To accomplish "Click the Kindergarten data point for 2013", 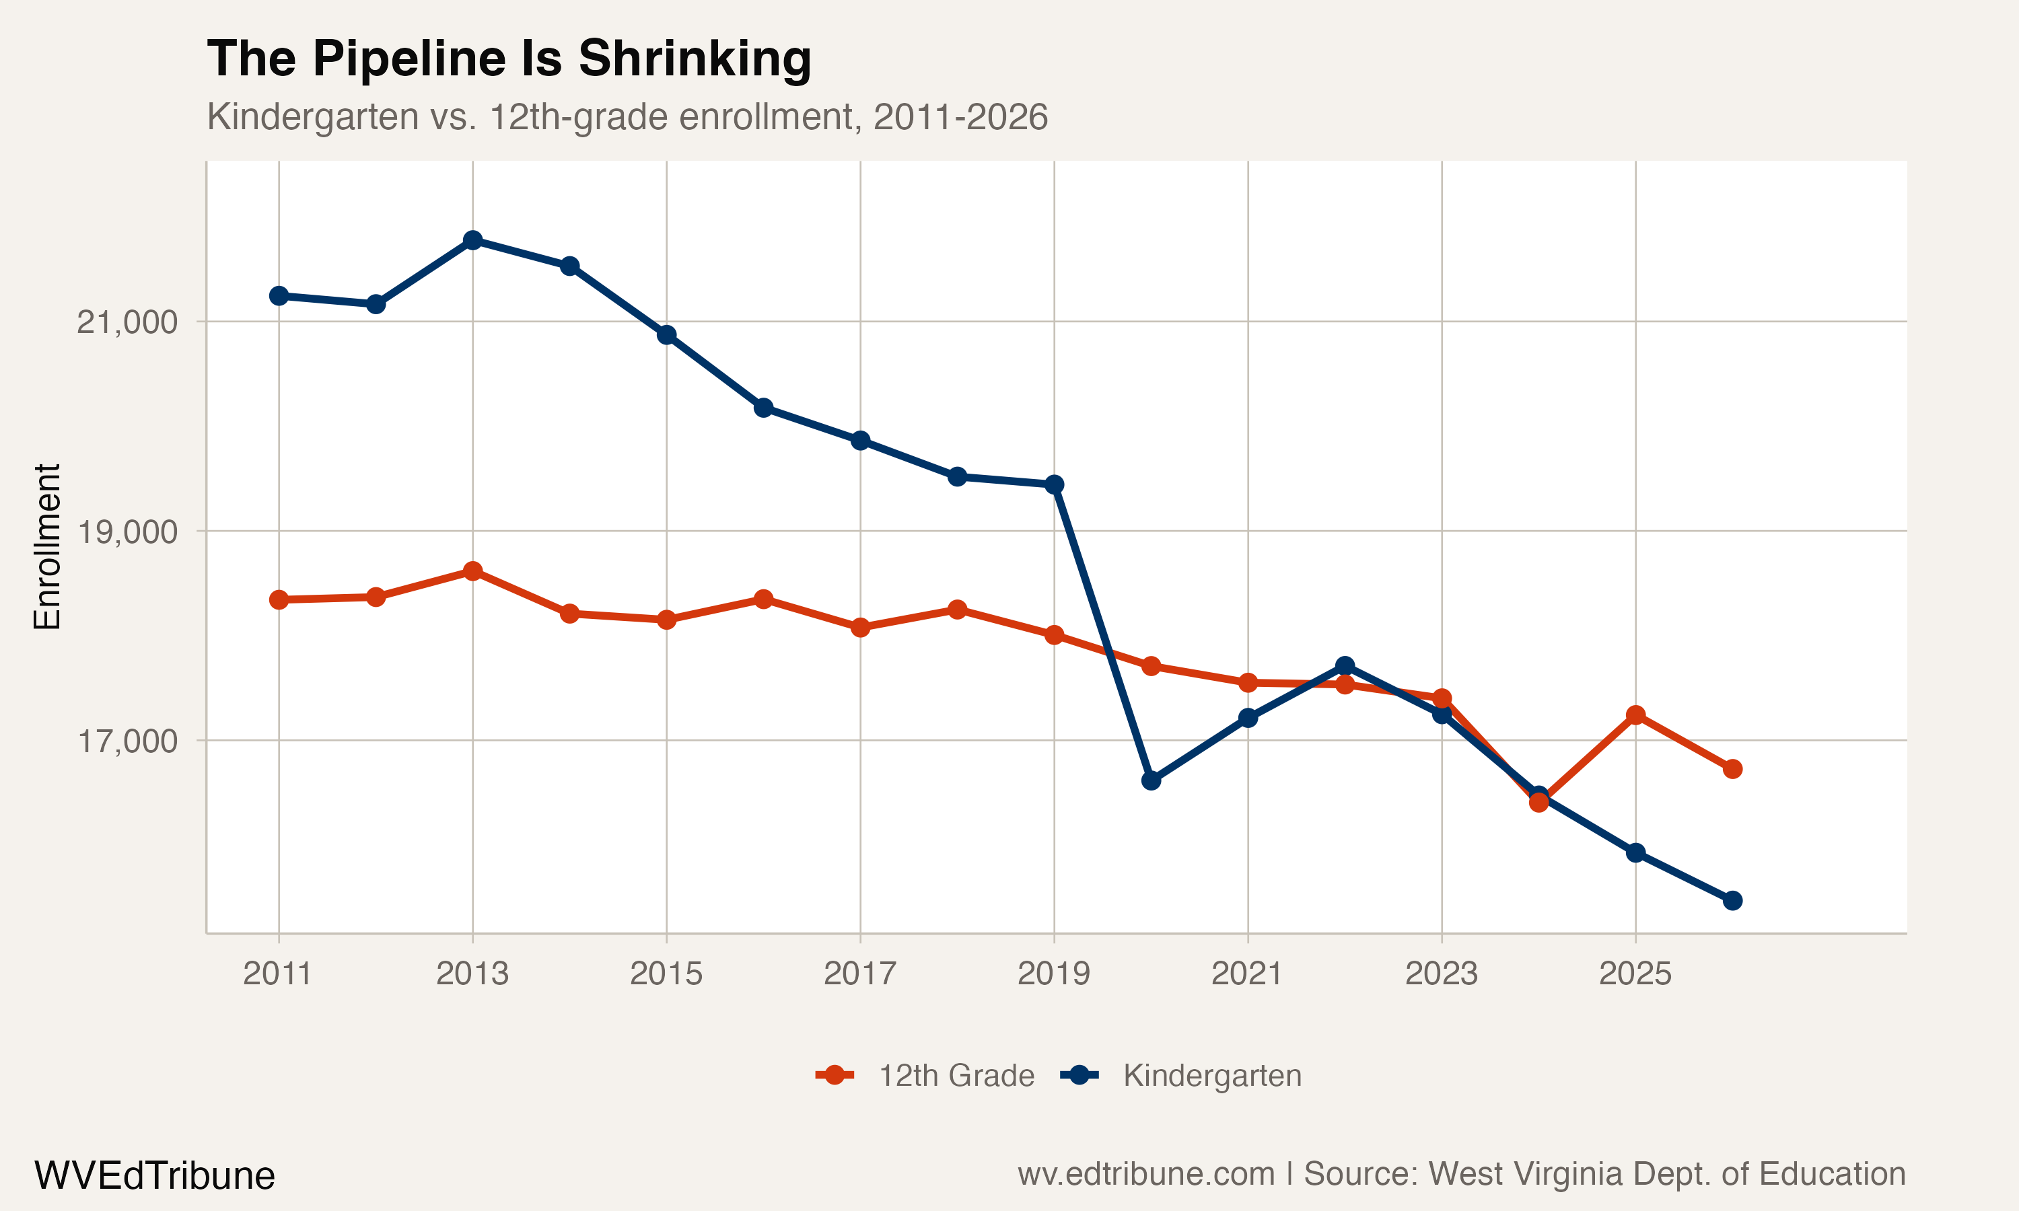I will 472,240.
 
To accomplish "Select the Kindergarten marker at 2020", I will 1151,780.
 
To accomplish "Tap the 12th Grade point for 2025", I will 1635,715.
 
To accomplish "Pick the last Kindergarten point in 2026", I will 1732,900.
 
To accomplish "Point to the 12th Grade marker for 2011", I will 279,600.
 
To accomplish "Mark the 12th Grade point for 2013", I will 472,571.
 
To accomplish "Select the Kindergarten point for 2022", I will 1345,666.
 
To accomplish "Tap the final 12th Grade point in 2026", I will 1732,769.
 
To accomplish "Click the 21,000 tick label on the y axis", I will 127,322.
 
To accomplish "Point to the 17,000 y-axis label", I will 127,741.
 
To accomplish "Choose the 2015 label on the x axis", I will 666,974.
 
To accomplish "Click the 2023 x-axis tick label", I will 1441,974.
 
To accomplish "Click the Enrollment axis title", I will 47,547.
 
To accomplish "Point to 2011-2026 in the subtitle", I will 960,116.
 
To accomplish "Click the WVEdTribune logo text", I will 154,1175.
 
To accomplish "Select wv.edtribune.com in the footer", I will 1146,1173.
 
